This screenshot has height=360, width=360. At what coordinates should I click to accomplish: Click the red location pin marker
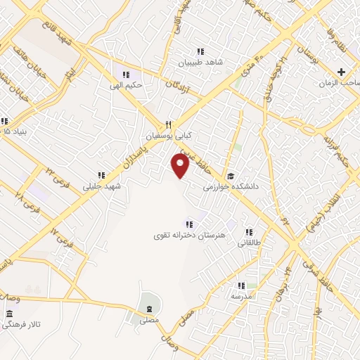coord(181,166)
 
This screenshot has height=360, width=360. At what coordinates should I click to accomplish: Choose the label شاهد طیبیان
coord(200,62)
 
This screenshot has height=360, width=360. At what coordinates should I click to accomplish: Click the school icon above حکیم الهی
coord(126,75)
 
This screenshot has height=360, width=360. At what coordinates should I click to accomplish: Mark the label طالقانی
coord(249,243)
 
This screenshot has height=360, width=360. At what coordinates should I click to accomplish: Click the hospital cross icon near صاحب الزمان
coord(342,72)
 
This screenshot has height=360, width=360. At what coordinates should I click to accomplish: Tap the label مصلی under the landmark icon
coord(149,320)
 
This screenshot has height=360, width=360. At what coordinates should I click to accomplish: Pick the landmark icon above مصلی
coord(149,309)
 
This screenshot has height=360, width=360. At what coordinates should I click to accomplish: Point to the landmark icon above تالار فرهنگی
coord(8,314)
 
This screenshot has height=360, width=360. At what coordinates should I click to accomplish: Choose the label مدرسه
coord(241,297)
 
